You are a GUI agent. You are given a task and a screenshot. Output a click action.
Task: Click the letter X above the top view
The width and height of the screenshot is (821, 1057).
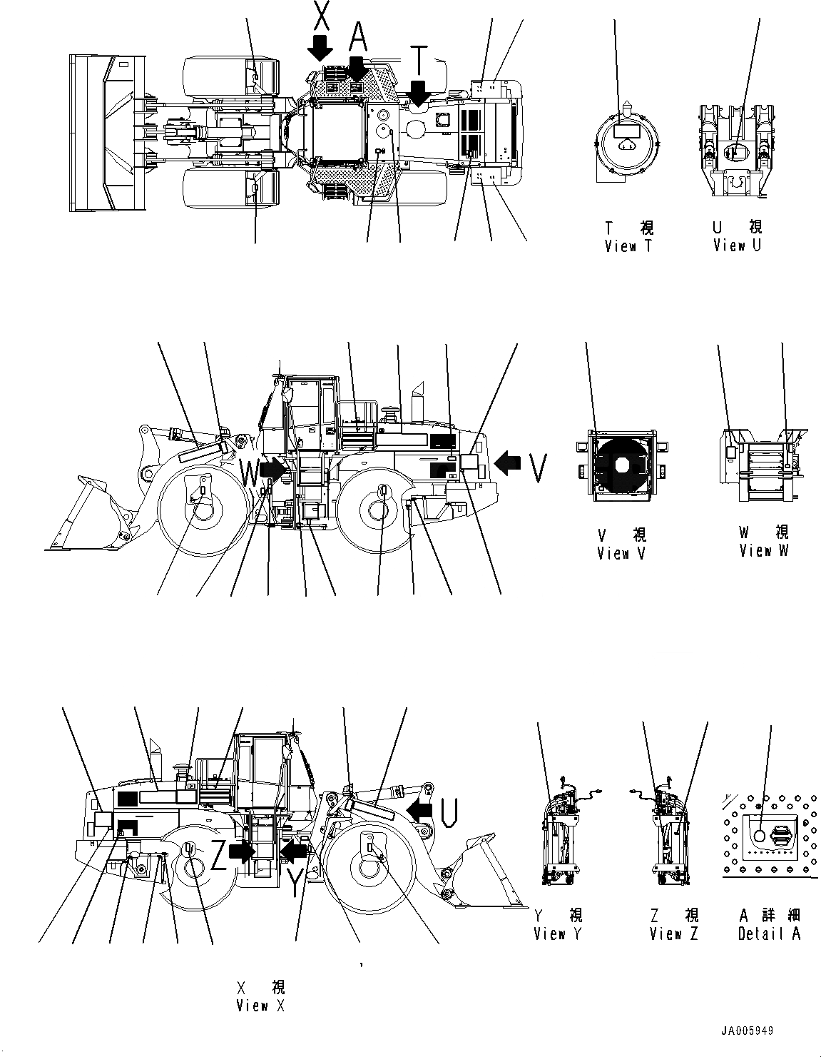coord(321,16)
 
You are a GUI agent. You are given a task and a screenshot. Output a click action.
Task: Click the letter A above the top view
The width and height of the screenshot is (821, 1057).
coord(358,33)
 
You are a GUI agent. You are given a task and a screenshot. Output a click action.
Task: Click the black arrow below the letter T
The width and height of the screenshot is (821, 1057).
coord(419,93)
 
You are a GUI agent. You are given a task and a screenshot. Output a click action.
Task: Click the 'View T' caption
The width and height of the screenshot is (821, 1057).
coord(628,246)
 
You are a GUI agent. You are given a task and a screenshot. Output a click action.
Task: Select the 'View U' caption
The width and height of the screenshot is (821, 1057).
coord(738,246)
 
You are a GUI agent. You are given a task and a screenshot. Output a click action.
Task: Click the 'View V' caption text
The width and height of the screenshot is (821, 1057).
coord(622,553)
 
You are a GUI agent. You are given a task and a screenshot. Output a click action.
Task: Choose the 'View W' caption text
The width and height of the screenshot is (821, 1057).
coord(764,550)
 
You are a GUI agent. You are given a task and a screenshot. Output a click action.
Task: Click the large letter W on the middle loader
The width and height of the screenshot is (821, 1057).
coord(250,472)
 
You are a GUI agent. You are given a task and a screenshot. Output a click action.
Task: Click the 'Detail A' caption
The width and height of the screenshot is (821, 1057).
coord(769,934)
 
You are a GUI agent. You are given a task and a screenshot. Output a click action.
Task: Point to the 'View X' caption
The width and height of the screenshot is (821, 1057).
coord(261,1006)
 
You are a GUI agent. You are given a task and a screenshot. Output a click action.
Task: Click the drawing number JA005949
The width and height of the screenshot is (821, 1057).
coord(746,1031)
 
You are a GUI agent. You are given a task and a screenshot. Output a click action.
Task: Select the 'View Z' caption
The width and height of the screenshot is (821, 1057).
coord(674,934)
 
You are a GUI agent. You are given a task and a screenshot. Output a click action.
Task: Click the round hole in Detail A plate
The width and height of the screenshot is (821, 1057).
coord(759,835)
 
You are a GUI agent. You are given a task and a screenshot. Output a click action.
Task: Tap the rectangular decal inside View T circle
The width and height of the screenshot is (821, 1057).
coord(626,131)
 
